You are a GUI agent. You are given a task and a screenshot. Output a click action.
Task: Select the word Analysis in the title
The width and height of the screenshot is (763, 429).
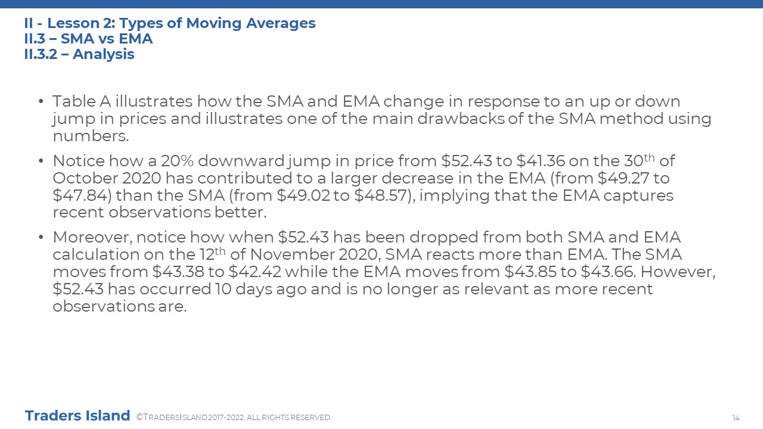pos(104,54)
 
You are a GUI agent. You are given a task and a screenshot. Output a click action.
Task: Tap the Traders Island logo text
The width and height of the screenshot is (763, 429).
pos(77,416)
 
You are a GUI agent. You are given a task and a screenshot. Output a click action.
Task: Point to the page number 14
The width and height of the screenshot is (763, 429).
pos(736,418)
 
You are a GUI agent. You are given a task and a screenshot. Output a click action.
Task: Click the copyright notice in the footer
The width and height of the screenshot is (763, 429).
pos(234,418)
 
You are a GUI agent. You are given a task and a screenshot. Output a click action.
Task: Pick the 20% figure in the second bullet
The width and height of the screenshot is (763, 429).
pos(177,161)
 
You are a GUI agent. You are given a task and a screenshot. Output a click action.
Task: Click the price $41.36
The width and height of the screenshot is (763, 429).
pos(541,161)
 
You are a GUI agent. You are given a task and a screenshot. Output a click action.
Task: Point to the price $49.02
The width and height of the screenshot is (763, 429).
pos(303,195)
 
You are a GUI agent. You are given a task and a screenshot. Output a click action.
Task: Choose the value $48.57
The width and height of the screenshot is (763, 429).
pos(381,195)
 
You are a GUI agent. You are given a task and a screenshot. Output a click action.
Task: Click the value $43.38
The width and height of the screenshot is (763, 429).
pos(178,272)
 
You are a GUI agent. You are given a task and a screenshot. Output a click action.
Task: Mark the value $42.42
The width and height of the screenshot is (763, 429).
pos(255,272)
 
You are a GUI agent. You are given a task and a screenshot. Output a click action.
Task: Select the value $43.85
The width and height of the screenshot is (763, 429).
pos(531,272)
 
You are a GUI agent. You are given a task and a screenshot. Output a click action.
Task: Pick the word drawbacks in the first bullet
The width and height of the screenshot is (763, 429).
pos(461,119)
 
